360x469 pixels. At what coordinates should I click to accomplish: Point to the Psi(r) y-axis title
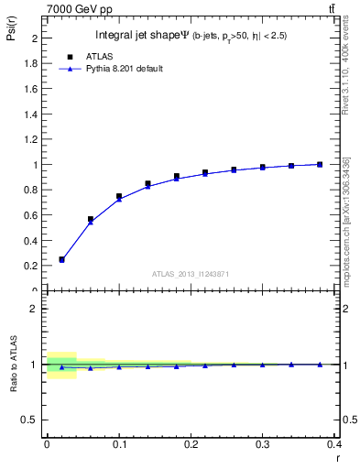tap(10, 37)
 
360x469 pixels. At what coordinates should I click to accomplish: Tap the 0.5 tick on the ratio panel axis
tap(29, 420)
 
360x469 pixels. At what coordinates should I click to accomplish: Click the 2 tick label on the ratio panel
tap(34, 309)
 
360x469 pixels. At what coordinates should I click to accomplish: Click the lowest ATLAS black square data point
tap(61, 259)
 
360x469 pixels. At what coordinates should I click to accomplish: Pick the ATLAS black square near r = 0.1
tap(119, 196)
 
